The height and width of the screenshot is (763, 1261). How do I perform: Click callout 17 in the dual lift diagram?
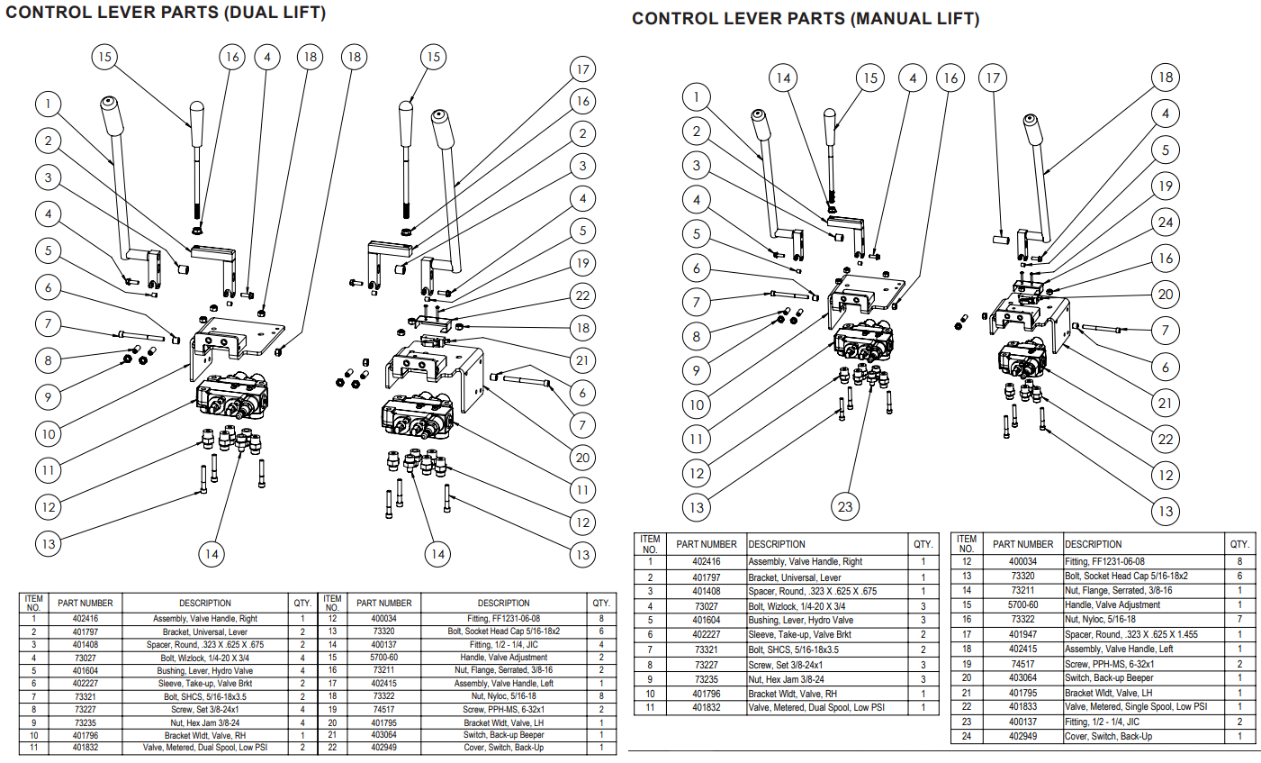click(x=582, y=69)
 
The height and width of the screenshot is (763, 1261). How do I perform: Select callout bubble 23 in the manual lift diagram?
click(x=844, y=506)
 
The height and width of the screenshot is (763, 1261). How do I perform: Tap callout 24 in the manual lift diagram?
click(x=1166, y=222)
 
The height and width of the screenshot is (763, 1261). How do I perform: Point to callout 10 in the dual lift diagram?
click(x=49, y=433)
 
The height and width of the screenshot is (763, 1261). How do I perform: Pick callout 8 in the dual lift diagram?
click(x=49, y=360)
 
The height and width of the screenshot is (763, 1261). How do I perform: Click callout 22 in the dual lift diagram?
click(x=582, y=295)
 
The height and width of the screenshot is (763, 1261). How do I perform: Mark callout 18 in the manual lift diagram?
click(x=1166, y=77)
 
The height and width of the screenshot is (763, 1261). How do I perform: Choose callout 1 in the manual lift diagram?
click(x=696, y=96)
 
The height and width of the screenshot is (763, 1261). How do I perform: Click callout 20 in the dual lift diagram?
click(x=582, y=458)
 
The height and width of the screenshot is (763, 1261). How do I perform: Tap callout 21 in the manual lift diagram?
click(x=1166, y=403)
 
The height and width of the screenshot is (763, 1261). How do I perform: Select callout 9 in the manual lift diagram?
click(x=696, y=370)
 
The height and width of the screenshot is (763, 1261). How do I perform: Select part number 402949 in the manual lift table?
click(x=1022, y=736)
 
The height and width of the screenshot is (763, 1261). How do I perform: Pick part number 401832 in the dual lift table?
click(x=86, y=747)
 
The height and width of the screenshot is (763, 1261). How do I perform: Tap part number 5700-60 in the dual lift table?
click(x=383, y=657)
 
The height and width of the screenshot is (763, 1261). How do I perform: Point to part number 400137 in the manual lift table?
click(x=1022, y=722)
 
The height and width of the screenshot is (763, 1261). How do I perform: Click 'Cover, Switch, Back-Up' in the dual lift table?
click(x=503, y=747)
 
